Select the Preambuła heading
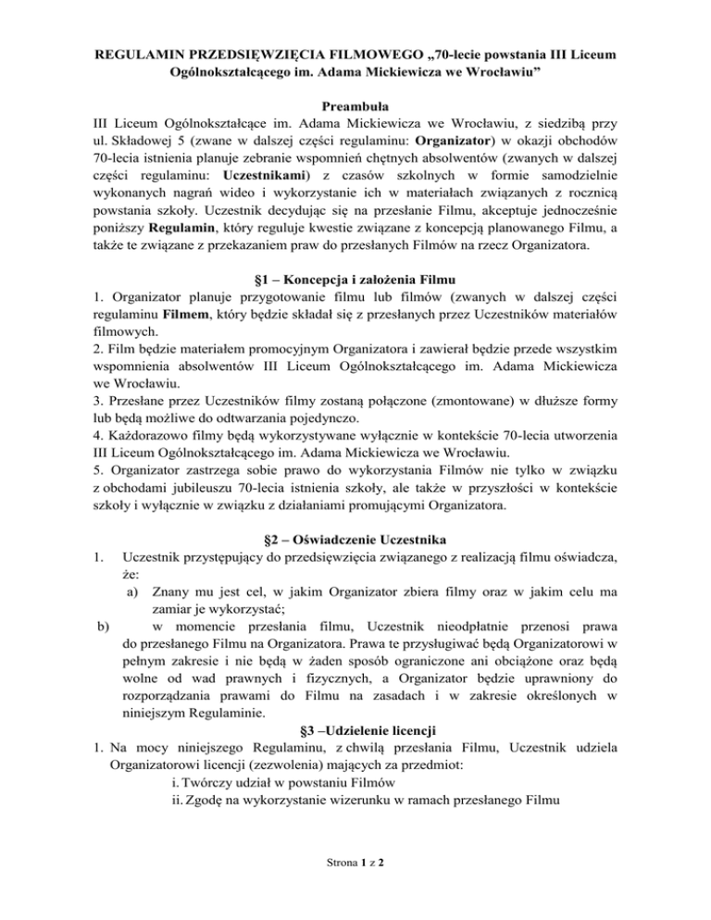point(355,106)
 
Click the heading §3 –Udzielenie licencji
point(355,778)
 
